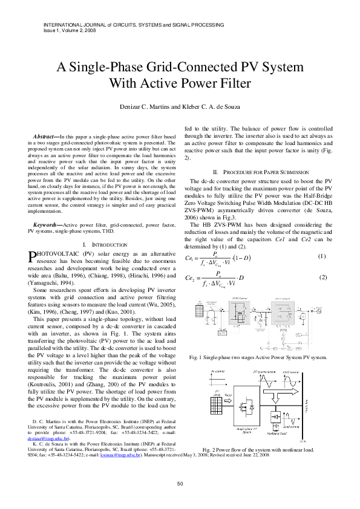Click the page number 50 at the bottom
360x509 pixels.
coord(180,483)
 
